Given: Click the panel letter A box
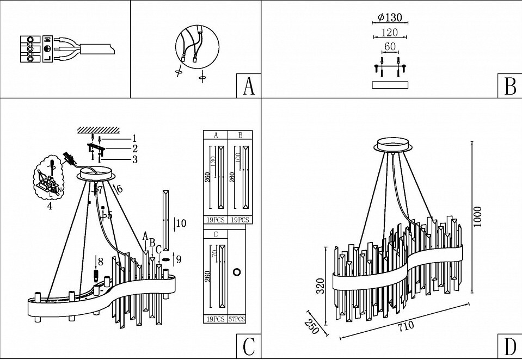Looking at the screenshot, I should click(248, 86).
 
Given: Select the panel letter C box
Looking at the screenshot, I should click(248, 346).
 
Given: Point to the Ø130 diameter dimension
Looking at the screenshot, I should click(390, 17).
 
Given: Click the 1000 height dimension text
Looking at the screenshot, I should click(478, 217).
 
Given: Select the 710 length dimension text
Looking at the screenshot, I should click(406, 326).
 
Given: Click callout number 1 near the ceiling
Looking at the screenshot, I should click(134, 138).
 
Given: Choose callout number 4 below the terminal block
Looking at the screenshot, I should click(50, 207).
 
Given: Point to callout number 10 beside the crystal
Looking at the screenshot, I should click(181, 222).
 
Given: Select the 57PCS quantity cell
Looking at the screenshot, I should click(237, 319).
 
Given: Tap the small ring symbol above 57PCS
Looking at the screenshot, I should click(237, 271).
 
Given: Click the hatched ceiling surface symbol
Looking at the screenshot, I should click(99, 129).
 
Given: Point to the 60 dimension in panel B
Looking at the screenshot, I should click(390, 47).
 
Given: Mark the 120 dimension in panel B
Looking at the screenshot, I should click(390, 33).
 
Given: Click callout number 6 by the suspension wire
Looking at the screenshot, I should click(119, 188).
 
